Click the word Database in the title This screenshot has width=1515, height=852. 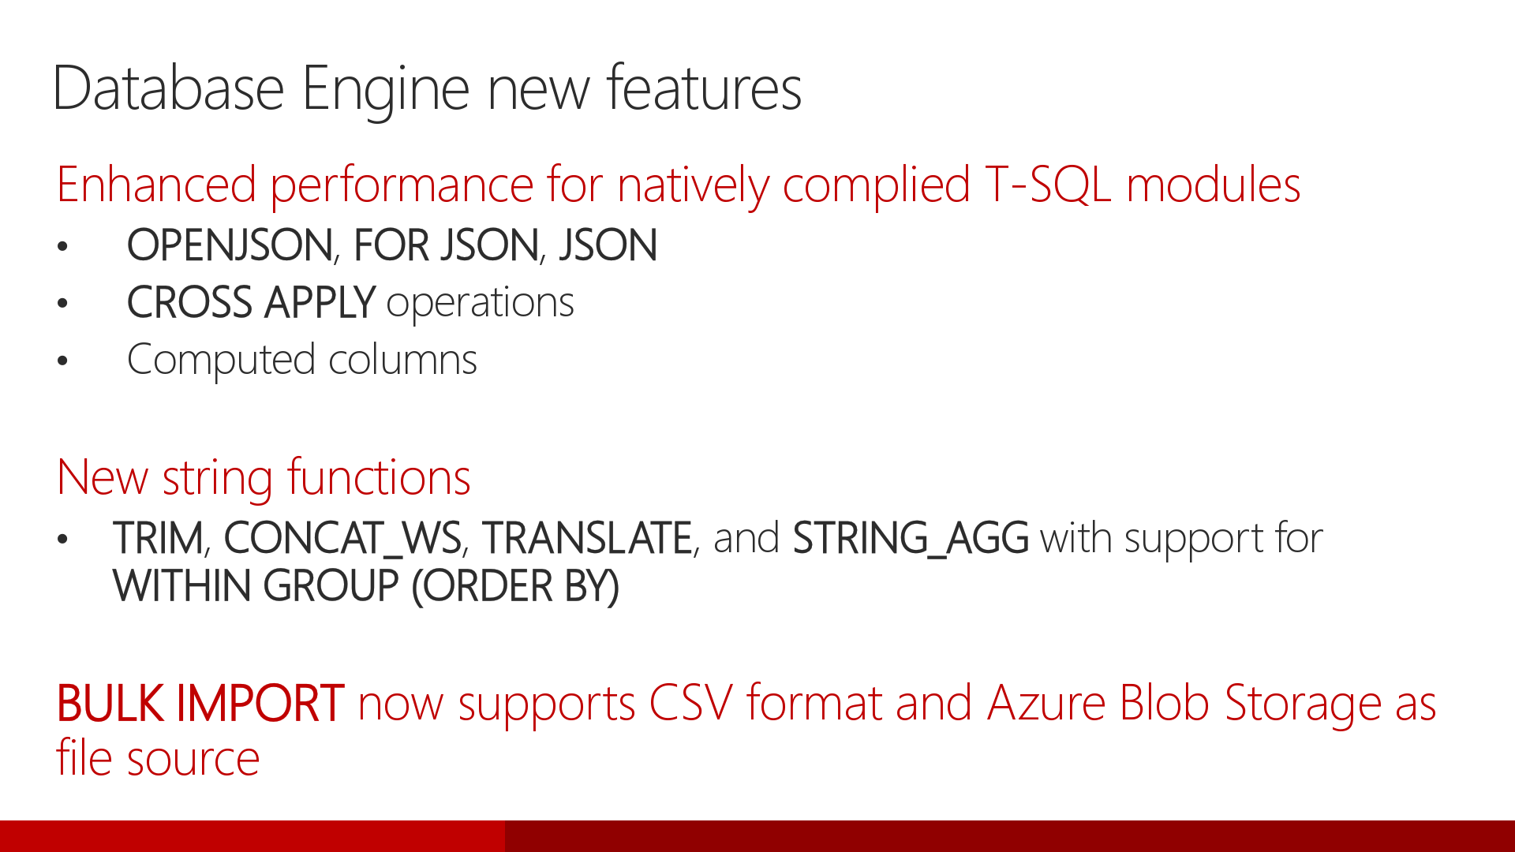pyautogui.click(x=168, y=88)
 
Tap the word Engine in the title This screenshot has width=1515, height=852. pyautogui.click(x=387, y=88)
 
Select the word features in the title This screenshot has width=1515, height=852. pyautogui.click(x=704, y=88)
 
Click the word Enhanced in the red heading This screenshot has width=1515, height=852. pyautogui.click(x=156, y=185)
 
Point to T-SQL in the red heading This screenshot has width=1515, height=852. pyautogui.click(x=1048, y=185)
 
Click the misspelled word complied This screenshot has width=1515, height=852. pyautogui.click(x=876, y=186)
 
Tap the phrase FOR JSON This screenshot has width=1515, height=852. pyautogui.click(x=446, y=245)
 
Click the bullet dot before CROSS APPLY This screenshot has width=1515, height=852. pyautogui.click(x=63, y=305)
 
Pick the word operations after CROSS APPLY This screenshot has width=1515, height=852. pyautogui.click(x=480, y=303)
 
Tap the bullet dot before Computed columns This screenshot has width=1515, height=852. pyautogui.click(x=63, y=362)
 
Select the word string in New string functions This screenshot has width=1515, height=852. pyautogui.click(x=218, y=478)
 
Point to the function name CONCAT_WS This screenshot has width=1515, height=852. pyautogui.click(x=342, y=538)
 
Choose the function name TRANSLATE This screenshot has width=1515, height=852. pyautogui.click(x=588, y=538)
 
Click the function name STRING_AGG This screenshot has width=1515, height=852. pyautogui.click(x=911, y=538)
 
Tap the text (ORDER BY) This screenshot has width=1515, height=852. pyautogui.click(x=515, y=586)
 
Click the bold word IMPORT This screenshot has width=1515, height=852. pyautogui.click(x=259, y=703)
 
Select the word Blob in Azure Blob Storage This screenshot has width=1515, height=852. pyautogui.click(x=1164, y=703)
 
